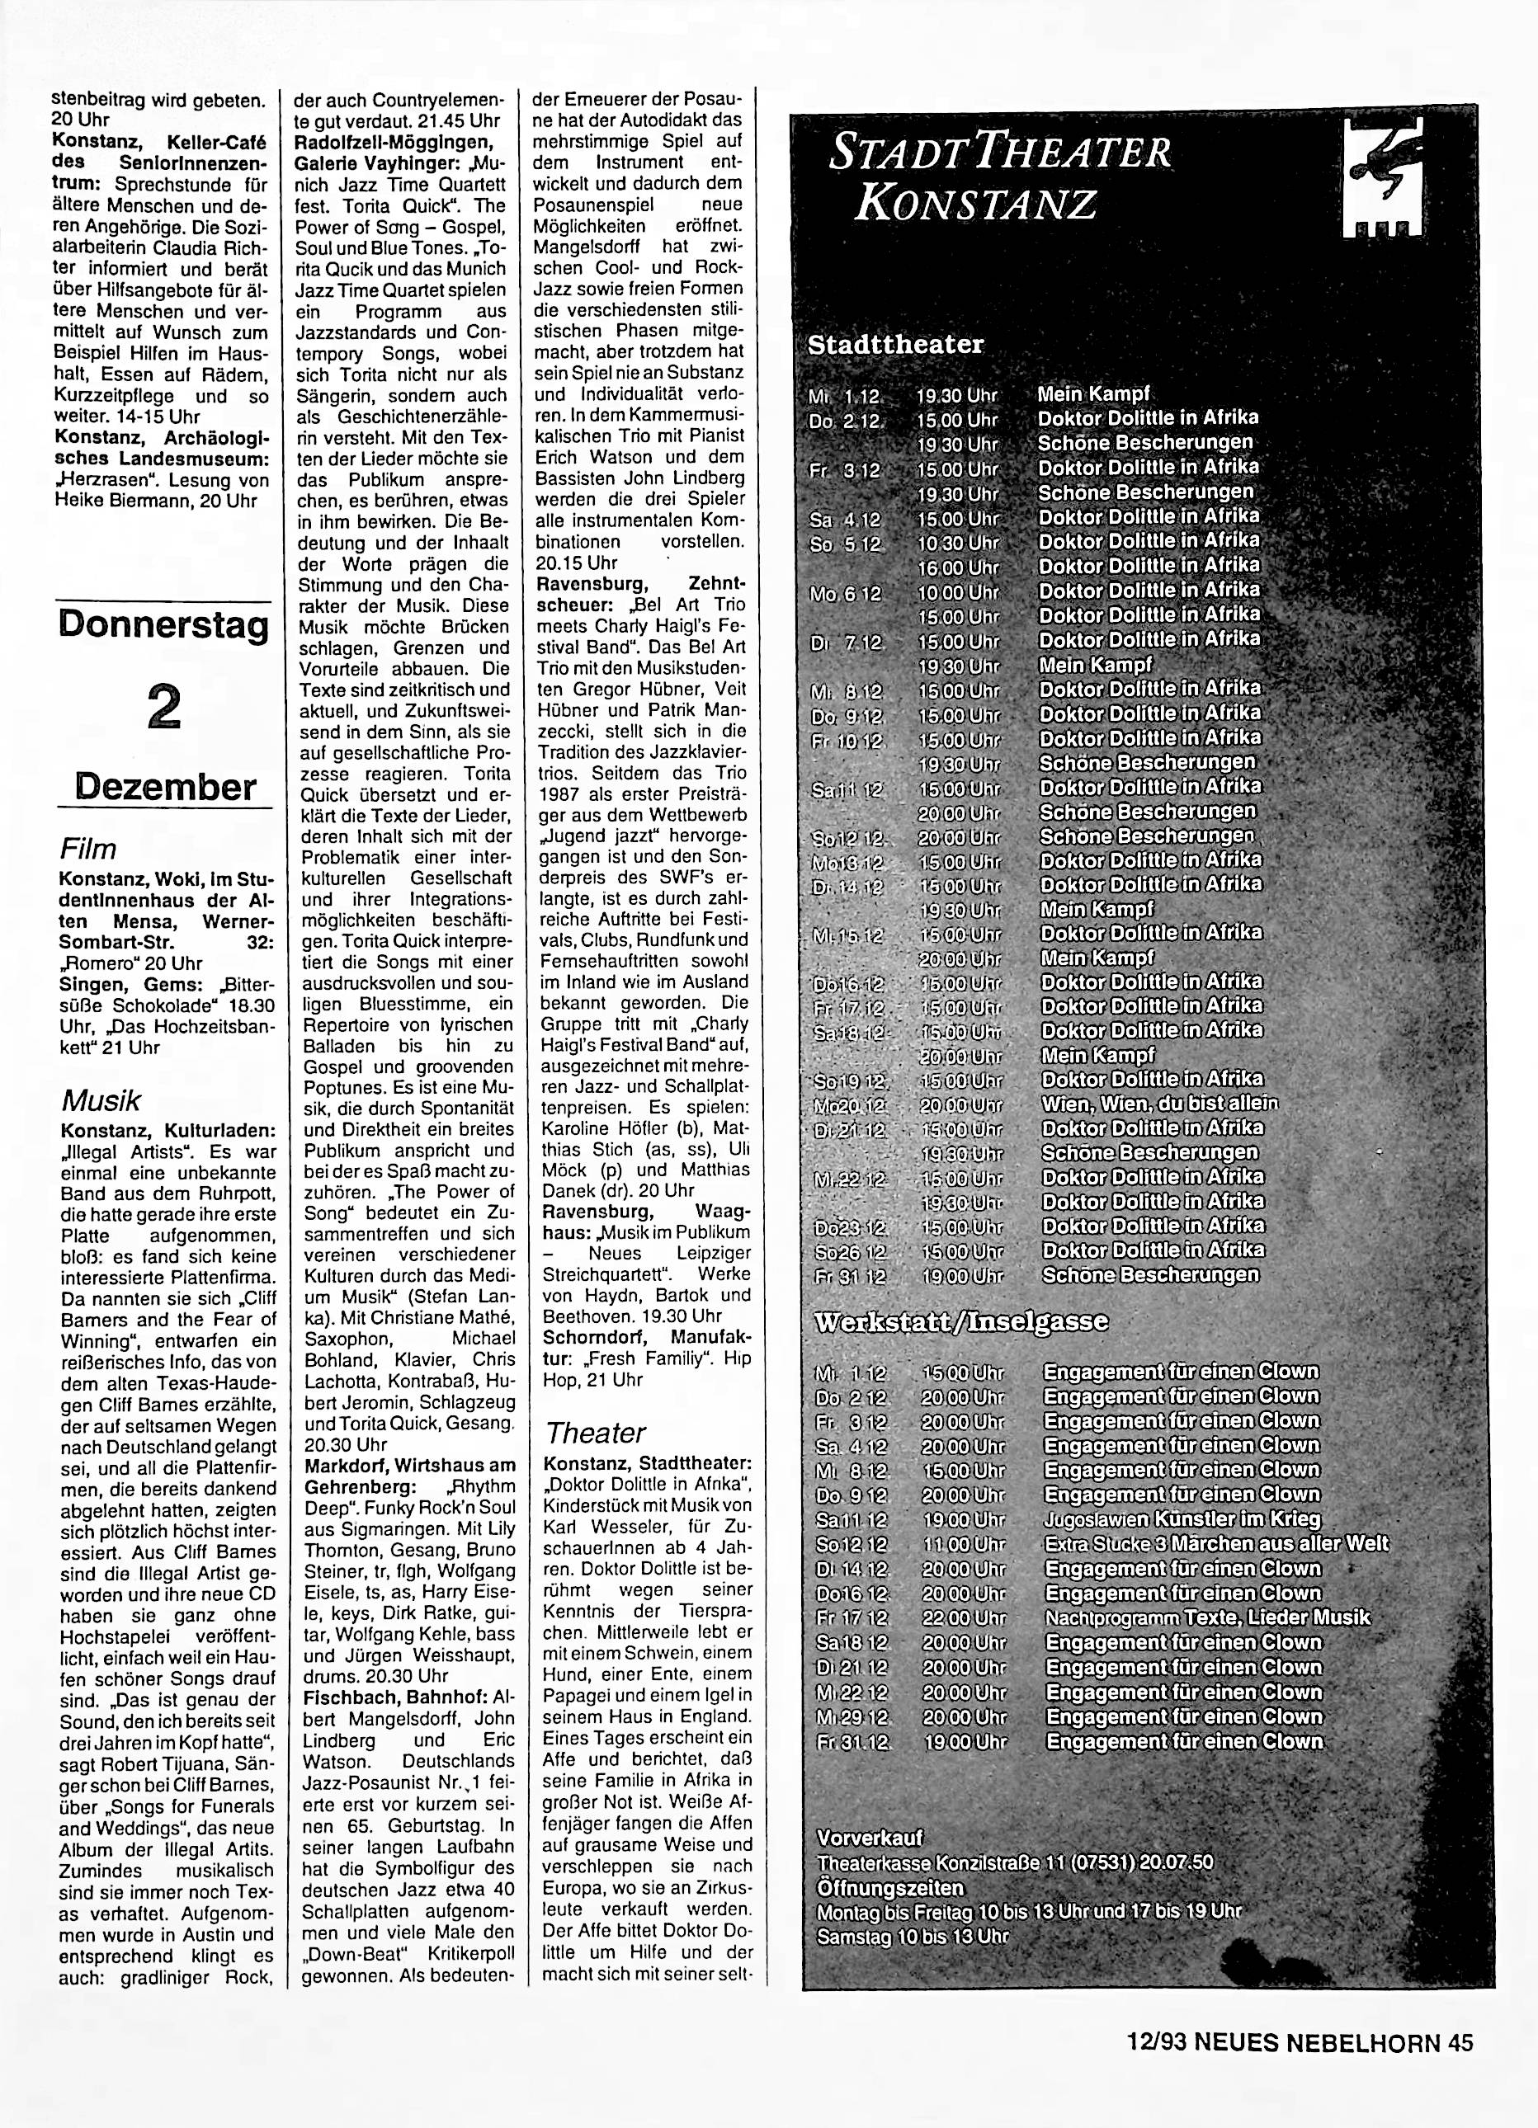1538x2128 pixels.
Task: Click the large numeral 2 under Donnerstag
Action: pos(164,705)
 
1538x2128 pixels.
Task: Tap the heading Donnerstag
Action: pos(163,626)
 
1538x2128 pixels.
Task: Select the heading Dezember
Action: pos(165,786)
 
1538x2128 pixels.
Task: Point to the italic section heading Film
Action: pos(88,849)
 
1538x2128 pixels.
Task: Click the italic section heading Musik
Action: pos(101,1099)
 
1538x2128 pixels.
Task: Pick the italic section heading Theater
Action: pos(595,1433)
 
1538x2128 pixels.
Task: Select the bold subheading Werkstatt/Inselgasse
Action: pos(958,1322)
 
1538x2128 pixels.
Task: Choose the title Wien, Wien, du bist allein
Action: pos(1160,1104)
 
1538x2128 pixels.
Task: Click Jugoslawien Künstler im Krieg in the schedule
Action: pos(1182,1520)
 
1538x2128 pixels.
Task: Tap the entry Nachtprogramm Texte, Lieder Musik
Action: pos(1208,1617)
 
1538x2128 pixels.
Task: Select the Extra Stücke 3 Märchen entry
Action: pos(1216,1544)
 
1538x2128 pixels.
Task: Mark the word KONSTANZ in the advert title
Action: pos(975,205)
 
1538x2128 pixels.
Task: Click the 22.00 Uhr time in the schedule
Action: pos(964,1618)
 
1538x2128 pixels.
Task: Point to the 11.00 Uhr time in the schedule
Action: pos(964,1544)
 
